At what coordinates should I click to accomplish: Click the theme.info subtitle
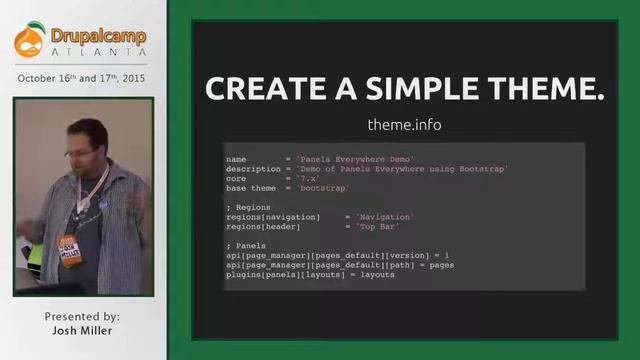404,125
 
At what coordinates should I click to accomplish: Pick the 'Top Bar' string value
378,226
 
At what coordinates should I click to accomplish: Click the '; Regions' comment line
248,206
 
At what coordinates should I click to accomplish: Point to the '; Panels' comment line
246,245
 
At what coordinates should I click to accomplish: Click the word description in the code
252,169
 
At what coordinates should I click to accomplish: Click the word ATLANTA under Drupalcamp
96,51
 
